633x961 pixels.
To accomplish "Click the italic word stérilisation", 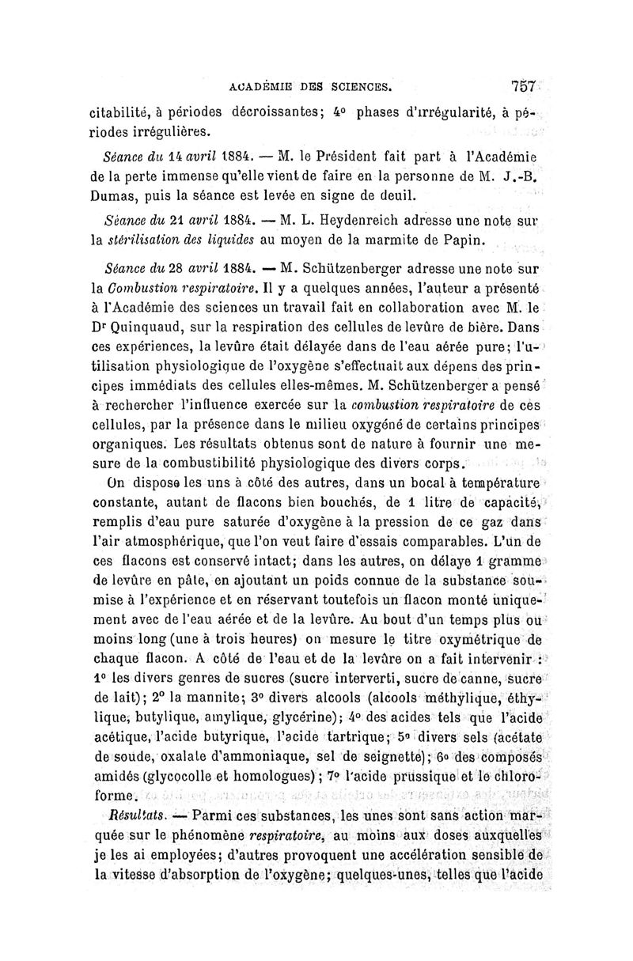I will (153, 238).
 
